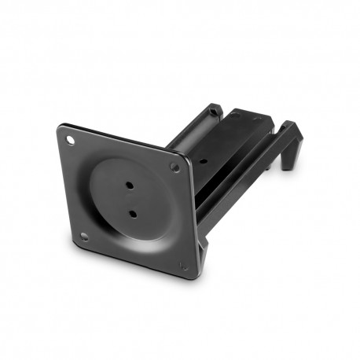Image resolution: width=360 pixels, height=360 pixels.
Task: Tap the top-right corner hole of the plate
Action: pyautogui.click(x=174, y=167)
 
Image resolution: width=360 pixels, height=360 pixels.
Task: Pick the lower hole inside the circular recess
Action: pyautogui.click(x=132, y=213)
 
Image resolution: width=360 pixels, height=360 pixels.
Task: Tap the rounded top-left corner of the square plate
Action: pyautogui.click(x=61, y=127)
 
